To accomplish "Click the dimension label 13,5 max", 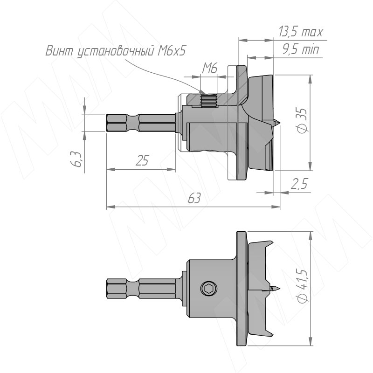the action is click(x=301, y=32).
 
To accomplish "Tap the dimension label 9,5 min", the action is click(x=301, y=50).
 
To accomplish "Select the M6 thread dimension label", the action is click(x=210, y=69).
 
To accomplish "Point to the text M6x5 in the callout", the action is click(x=171, y=51).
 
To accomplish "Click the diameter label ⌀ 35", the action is click(x=303, y=121).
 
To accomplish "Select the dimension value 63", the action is click(x=194, y=199).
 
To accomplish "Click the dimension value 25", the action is click(x=142, y=160).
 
